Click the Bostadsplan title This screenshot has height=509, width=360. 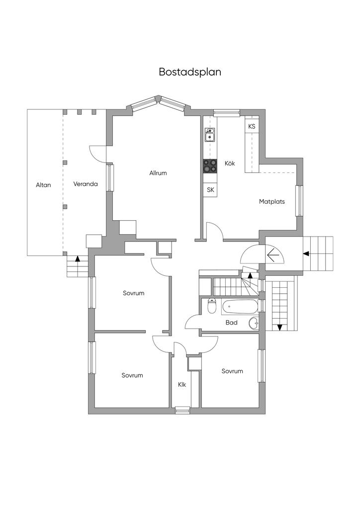(x=190, y=72)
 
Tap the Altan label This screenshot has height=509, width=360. (x=43, y=185)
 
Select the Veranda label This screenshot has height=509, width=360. (x=86, y=184)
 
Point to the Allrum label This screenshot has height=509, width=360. (x=158, y=173)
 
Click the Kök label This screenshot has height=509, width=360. (x=230, y=163)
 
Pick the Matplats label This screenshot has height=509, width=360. (x=271, y=202)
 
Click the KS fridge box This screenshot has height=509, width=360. (x=252, y=126)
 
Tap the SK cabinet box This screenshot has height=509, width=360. (x=210, y=190)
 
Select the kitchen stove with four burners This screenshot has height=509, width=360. (x=210, y=166)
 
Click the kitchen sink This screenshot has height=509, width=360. (x=210, y=135)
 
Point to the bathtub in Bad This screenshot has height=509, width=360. (x=240, y=306)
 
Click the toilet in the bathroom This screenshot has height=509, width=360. (x=212, y=306)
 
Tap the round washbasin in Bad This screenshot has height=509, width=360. (x=254, y=323)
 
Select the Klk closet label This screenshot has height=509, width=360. (x=182, y=385)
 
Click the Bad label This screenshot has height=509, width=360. (x=231, y=323)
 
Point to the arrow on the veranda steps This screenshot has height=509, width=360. (x=77, y=258)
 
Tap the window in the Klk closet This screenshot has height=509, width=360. (x=182, y=411)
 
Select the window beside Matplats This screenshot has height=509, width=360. (x=299, y=201)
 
